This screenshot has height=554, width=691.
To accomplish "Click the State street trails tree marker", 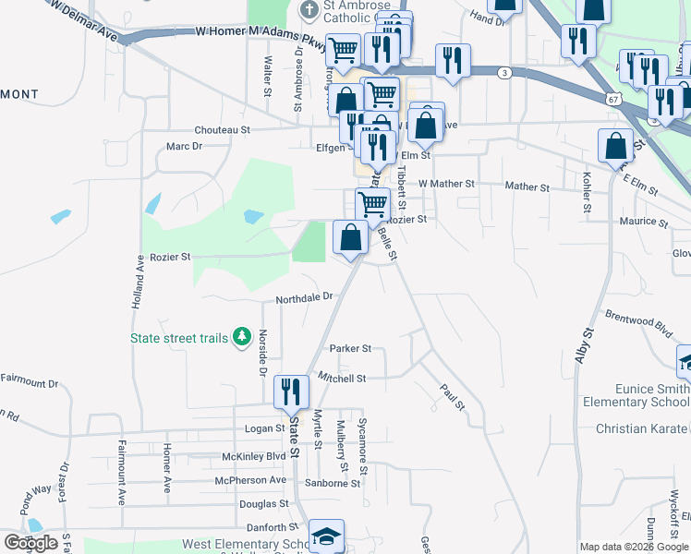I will point(242,337).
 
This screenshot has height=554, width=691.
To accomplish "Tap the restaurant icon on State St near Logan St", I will point(291,392).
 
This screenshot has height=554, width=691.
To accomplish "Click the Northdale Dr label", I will point(303,298).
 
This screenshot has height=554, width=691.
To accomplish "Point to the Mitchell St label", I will point(342,378).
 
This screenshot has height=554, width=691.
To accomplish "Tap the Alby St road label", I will point(586,345).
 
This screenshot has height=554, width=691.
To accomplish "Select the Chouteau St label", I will point(222,131).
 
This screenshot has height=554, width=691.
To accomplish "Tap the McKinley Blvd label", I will point(254,456).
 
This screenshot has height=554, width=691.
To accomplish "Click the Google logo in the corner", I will point(30,542).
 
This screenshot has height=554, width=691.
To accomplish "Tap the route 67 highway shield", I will point(613,98).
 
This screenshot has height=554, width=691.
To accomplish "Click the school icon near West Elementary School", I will point(325,536).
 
